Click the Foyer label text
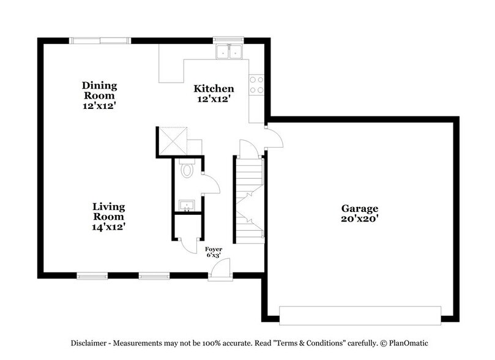tap(214, 249)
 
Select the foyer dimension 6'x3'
tap(214, 257)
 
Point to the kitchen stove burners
tap(256, 84)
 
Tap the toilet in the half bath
tap(187, 170)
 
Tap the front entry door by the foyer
tap(219, 269)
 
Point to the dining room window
tap(100, 41)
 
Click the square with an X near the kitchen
tap(172, 140)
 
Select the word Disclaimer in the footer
tap(94, 343)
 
